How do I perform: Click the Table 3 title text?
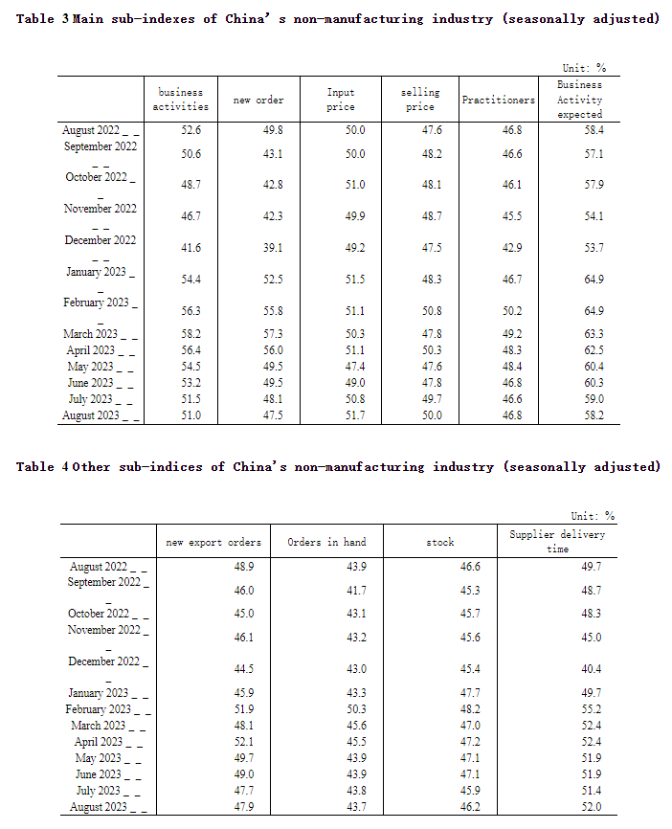[338, 19]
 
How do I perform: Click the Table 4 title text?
[338, 467]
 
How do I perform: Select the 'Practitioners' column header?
[499, 100]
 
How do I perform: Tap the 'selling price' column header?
[420, 100]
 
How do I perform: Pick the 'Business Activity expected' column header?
[580, 100]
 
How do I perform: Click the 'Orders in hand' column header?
[326, 542]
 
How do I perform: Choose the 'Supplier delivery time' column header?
[557, 542]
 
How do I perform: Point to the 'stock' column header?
[440, 543]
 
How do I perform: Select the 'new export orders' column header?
[213, 543]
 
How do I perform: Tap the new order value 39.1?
[272, 248]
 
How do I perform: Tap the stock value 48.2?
[469, 709]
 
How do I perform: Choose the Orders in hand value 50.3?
[356, 709]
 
